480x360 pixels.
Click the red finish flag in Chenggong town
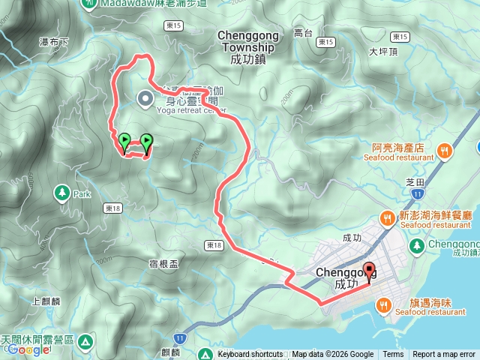click(x=368, y=271)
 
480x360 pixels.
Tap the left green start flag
click(x=124, y=140)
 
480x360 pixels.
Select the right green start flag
click(x=146, y=140)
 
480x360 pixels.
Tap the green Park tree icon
click(x=61, y=193)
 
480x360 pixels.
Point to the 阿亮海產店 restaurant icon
click(x=445, y=152)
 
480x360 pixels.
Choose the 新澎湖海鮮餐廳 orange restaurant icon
click(x=388, y=219)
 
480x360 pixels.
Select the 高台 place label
click(x=303, y=33)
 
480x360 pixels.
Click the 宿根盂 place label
click(x=163, y=264)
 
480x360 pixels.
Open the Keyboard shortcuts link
click(x=250, y=355)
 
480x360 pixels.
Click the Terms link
click(x=393, y=355)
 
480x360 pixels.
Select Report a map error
click(x=444, y=355)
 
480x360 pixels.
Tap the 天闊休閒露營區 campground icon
click(x=86, y=342)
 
